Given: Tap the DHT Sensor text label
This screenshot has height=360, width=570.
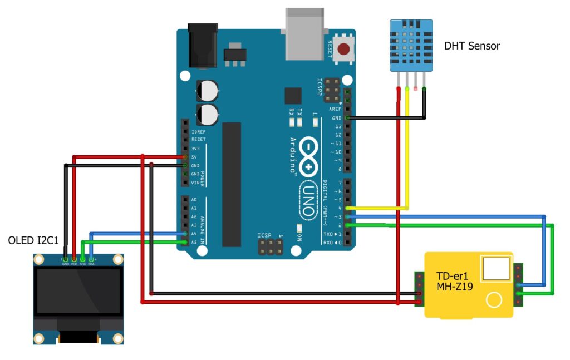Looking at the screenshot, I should click(x=472, y=46).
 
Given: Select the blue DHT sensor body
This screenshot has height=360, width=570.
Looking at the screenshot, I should click(x=411, y=46).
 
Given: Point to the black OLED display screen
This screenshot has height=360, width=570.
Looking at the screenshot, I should click(x=77, y=292).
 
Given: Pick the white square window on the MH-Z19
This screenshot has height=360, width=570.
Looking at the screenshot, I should click(x=496, y=268).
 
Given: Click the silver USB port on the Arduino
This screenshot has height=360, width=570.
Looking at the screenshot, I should click(x=304, y=33).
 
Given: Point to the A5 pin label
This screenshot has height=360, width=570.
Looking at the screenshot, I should click(x=194, y=242).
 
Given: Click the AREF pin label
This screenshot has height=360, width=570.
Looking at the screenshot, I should click(x=335, y=109).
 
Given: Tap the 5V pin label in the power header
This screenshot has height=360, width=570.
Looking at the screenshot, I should click(x=194, y=157).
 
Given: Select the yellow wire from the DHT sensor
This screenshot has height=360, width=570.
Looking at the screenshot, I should click(x=407, y=150).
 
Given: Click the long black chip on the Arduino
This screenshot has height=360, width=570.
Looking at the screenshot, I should click(x=232, y=184).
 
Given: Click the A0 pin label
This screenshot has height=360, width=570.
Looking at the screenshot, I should click(x=194, y=199).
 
